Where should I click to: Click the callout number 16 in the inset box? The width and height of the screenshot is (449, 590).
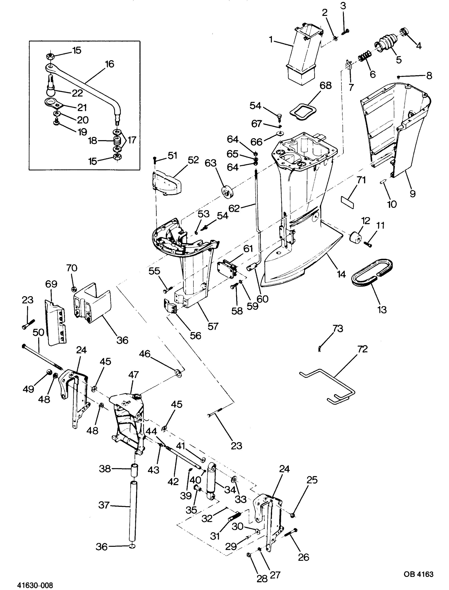tap(109, 64)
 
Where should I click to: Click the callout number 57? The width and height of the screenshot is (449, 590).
tap(213, 326)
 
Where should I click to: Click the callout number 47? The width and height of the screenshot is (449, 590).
tap(133, 375)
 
